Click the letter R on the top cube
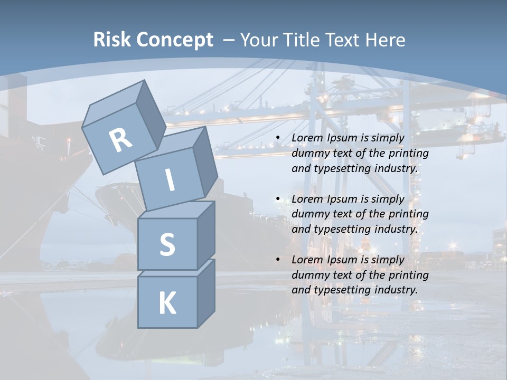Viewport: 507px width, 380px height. (x=121, y=140)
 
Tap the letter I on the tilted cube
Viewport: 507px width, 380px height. (x=170, y=180)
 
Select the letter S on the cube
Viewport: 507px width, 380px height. (x=167, y=245)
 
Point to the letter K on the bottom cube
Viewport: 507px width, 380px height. (x=167, y=303)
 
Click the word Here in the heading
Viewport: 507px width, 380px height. (x=384, y=40)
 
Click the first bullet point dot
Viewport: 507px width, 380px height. (x=278, y=138)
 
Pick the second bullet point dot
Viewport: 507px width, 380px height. (x=278, y=199)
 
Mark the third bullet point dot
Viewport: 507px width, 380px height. (x=278, y=260)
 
